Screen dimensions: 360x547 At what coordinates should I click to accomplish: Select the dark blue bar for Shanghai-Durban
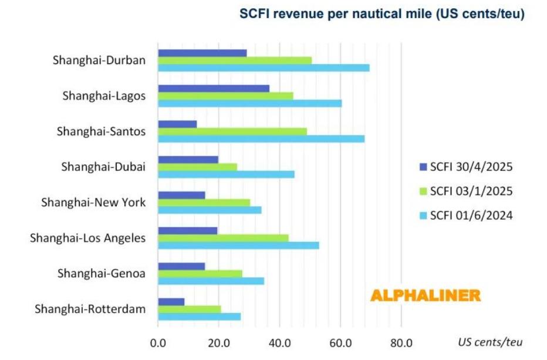coord(202,53)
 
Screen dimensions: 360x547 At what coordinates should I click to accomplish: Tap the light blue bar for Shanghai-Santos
coord(261,139)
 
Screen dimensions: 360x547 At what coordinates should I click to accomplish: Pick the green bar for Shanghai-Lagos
coord(225,96)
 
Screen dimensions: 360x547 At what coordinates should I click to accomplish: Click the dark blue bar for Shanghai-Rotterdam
coord(171,302)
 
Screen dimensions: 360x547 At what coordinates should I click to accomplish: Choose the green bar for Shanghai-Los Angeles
coord(223,238)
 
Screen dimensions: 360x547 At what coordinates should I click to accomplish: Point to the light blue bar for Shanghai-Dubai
coord(226,174)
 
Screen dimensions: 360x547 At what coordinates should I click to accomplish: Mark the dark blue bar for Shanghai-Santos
coord(177,124)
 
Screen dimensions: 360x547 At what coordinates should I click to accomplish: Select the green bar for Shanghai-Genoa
coord(200,274)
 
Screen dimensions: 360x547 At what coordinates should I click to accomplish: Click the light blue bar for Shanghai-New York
coord(210,210)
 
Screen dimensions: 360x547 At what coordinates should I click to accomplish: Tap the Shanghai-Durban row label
coord(99,60)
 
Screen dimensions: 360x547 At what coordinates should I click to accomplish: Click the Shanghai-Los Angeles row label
coord(88,238)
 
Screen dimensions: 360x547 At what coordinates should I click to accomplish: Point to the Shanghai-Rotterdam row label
coord(90,309)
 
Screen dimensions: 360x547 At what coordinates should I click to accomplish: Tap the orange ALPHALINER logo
coord(426,295)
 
